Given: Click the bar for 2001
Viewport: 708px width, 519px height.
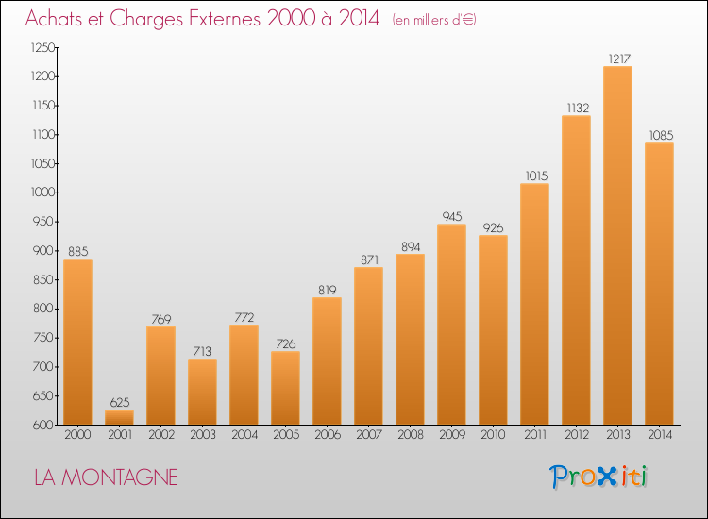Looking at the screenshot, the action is pos(119,417).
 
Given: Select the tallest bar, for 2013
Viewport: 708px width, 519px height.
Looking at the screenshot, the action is pos(617,245).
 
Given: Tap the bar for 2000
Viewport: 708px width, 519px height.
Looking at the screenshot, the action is pos(77,342).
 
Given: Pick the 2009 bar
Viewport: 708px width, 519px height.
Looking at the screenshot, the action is pos(451,325).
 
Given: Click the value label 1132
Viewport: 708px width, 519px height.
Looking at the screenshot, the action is pos(578,108).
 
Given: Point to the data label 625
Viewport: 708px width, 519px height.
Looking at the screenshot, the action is pos(120,402).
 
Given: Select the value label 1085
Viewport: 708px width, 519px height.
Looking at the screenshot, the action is pos(661,135).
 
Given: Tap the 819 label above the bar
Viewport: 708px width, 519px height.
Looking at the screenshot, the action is pos(328,290).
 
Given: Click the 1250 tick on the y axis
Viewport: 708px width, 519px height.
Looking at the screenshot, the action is pos(42,47).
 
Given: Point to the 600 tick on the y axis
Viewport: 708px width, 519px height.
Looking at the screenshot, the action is pos(43,425).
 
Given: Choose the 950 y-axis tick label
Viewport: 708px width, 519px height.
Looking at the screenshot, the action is pos(43,222).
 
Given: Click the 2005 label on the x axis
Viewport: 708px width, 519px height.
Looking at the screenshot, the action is pos(286,434).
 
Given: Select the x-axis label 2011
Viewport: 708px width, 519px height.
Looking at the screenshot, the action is pos(535,434).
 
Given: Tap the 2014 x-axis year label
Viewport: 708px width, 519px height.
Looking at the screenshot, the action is pos(660,434).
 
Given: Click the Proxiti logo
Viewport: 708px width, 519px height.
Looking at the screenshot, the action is pos(598,477).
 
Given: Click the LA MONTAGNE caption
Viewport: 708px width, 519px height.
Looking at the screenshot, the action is pos(106,477).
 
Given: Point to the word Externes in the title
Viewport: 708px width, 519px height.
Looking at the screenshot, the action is pos(225,19).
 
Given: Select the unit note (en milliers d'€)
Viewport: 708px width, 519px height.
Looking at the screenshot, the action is pos(434,20).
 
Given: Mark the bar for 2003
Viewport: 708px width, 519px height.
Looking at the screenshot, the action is pos(202,392).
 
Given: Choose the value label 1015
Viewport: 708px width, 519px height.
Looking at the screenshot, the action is pos(536,176).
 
